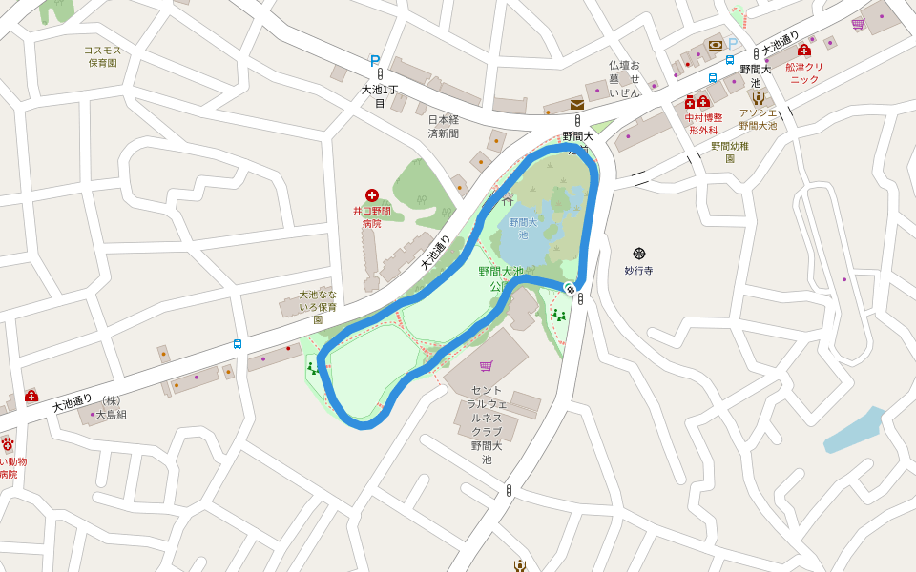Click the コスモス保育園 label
point(102,56)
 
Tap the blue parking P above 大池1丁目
point(375,60)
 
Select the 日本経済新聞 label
point(443,126)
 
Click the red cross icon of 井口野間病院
point(372,195)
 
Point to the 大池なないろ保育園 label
point(318,307)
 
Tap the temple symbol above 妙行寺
point(639,254)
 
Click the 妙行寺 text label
point(638,271)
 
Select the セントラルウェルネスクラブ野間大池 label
point(492,425)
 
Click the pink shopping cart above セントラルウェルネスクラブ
point(487,366)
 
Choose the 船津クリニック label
point(803,72)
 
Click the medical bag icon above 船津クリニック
point(803,50)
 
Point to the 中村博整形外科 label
point(702,123)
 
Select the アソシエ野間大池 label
point(758,119)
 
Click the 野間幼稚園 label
point(730,152)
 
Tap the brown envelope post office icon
point(576,105)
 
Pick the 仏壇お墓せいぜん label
point(624,78)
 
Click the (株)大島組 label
point(109,408)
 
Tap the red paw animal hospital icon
point(8,443)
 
